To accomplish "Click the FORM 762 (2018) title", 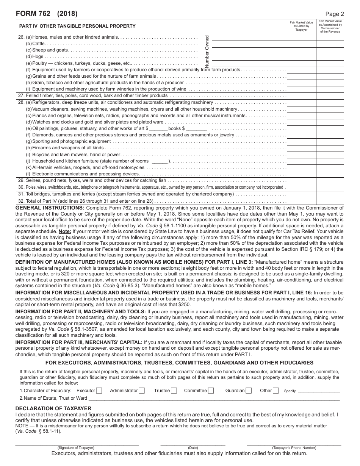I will tap(47, 14).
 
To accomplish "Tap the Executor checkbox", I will tap(99, 391).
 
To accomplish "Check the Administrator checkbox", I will tap(142, 391).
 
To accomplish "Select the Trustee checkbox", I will tap(174, 391).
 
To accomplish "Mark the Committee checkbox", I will tap(211, 391).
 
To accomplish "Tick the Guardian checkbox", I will tap(249, 391).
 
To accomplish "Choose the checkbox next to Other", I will tap(276, 391).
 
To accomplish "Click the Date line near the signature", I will tap(193, 443).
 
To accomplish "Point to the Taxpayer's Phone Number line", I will tap(294, 443).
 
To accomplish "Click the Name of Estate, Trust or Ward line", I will tap(214, 399).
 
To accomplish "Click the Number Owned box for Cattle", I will tap(249, 44).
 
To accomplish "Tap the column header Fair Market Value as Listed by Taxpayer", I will tap(301, 26).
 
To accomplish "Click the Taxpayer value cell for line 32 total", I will tap(301, 201).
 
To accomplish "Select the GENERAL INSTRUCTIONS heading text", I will tap(50, 208).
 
